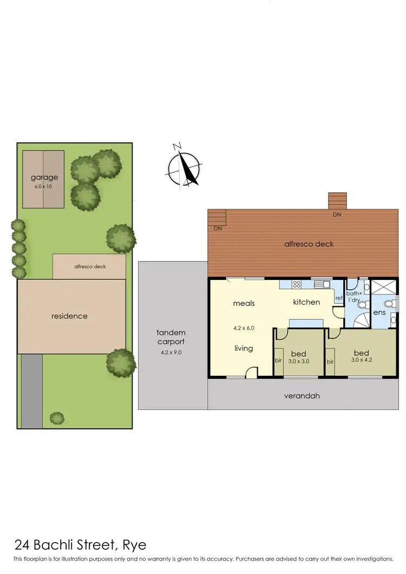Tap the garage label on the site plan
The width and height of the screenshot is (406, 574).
tap(44, 177)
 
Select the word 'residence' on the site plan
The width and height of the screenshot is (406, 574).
tap(69, 316)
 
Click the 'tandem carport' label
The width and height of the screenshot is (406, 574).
tap(171, 337)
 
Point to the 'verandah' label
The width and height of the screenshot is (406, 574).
tap(302, 396)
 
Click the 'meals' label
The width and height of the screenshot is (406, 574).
tap(244, 303)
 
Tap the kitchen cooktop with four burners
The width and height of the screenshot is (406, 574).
tap(297, 283)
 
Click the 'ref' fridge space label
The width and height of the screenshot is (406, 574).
tap(339, 298)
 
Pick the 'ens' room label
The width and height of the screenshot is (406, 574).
tap(379, 312)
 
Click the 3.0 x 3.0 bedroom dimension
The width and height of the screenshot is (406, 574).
tap(298, 361)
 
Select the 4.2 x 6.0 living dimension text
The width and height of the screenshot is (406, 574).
tap(243, 328)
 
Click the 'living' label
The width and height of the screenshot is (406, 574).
tap(244, 348)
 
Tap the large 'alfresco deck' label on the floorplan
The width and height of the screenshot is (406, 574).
tap(309, 244)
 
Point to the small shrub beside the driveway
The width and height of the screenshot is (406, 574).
tap(56, 418)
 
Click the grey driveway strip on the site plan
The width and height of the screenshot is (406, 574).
tap(32, 390)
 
